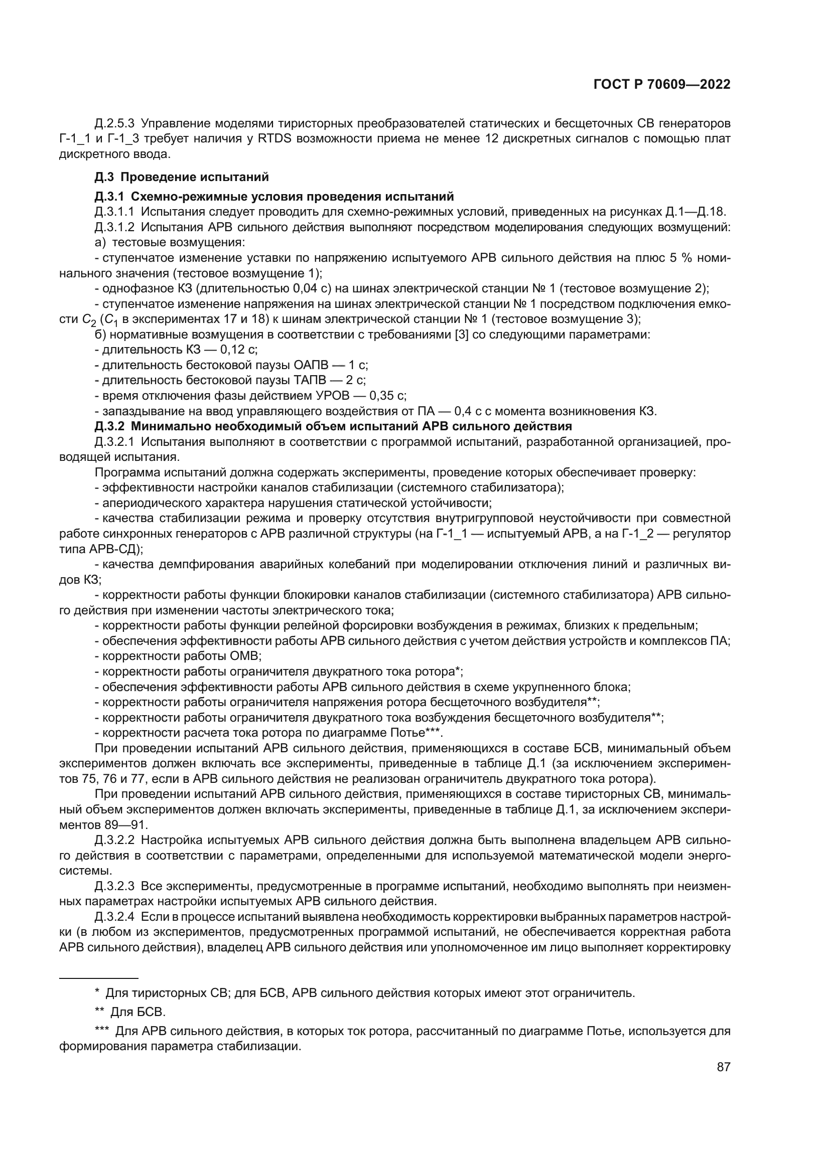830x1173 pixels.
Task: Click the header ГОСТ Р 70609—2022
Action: (661, 85)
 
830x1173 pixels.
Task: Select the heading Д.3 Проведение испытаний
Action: (182, 177)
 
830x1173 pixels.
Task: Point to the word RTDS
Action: (275, 139)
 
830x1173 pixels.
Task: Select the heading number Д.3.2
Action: (109, 426)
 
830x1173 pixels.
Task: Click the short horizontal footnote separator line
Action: (99, 978)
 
